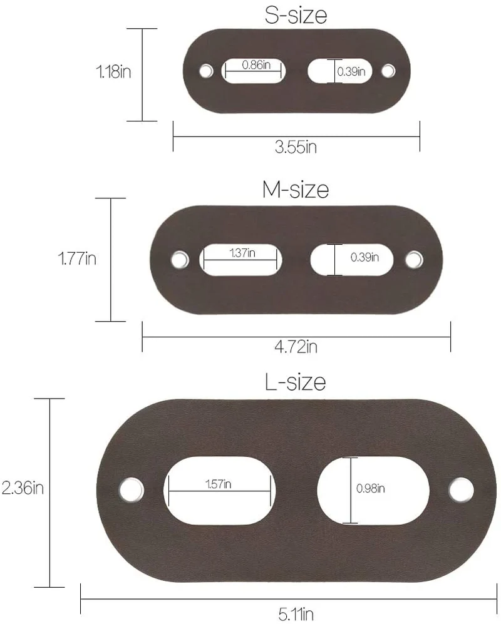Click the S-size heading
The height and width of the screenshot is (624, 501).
[296, 15]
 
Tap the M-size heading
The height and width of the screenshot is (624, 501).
[296, 190]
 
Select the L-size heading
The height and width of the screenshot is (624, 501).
[296, 382]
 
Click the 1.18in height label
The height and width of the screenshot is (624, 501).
[113, 71]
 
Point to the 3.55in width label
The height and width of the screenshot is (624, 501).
[296, 147]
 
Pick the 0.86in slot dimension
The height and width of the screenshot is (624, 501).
[256, 65]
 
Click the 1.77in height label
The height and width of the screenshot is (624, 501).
[77, 258]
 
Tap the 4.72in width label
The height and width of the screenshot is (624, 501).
[296, 347]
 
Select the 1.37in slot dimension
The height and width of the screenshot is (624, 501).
[242, 253]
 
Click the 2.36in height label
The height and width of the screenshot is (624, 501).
[23, 488]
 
